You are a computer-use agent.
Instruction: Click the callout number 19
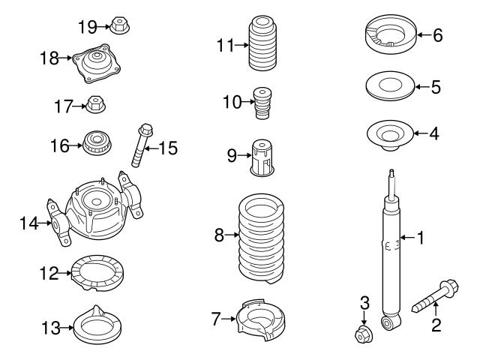coord(87,27)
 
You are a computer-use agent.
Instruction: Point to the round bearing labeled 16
coord(95,142)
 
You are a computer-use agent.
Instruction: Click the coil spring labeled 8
coord(261,237)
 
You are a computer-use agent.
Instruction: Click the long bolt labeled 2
coord(435,299)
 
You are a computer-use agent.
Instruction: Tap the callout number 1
coord(421,239)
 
